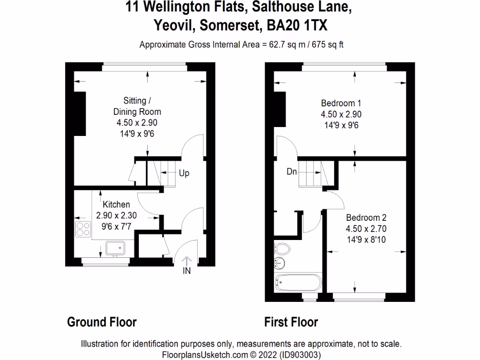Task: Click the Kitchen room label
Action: (x=116, y=204)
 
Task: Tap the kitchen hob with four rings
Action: (x=83, y=229)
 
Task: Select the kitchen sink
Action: (x=114, y=247)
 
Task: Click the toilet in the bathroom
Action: (x=282, y=248)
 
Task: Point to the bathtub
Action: (x=298, y=283)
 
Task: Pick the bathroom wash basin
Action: (x=280, y=263)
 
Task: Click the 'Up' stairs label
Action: (x=184, y=173)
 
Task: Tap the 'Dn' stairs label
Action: (x=292, y=172)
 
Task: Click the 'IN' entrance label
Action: (x=187, y=270)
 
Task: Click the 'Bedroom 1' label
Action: (x=341, y=103)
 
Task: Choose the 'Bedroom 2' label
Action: (x=366, y=217)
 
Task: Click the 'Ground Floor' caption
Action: (x=102, y=322)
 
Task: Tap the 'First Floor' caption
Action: (x=291, y=322)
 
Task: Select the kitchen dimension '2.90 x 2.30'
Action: (x=116, y=216)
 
